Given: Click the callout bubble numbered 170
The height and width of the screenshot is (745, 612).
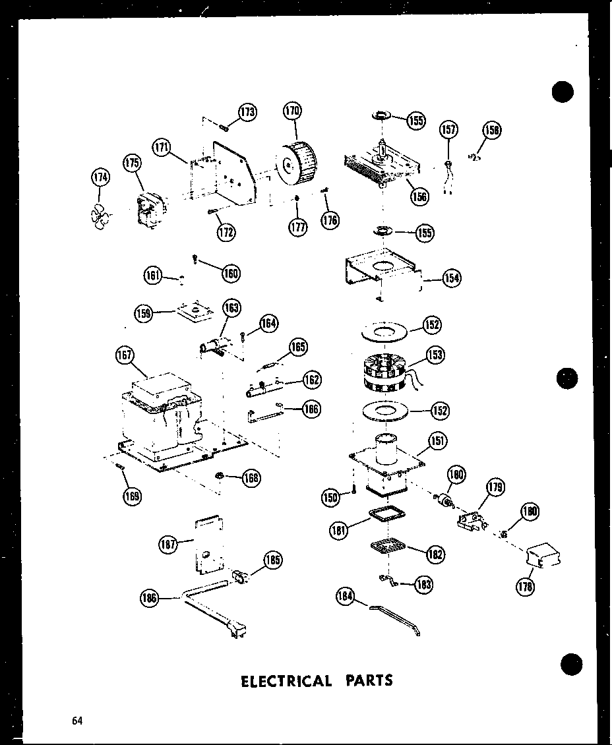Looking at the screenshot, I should pyautogui.click(x=293, y=111).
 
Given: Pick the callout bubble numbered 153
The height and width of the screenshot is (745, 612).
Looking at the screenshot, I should pyautogui.click(x=435, y=355).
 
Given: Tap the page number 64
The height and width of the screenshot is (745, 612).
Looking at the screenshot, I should pyautogui.click(x=78, y=721).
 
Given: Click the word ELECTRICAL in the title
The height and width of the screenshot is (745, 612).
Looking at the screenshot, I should pyautogui.click(x=286, y=680).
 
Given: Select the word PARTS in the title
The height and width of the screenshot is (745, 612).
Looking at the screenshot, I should pyautogui.click(x=370, y=680).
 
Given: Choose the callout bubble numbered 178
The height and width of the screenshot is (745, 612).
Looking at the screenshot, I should pyautogui.click(x=526, y=586).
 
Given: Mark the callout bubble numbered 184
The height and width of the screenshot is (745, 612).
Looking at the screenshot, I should pyautogui.click(x=345, y=596).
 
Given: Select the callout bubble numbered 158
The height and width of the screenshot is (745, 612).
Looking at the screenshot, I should pyautogui.click(x=491, y=130).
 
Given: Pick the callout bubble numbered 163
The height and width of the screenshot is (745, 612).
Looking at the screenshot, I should pyautogui.click(x=231, y=308).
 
